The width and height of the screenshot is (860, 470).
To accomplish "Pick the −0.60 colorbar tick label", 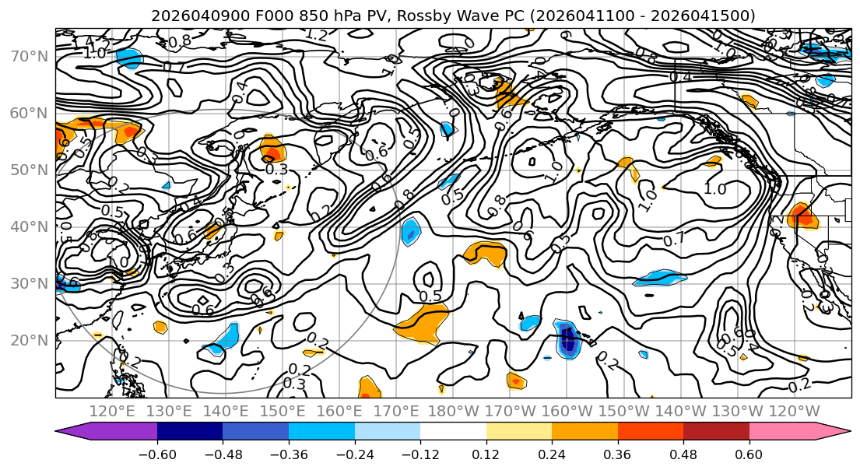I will (x=157, y=453).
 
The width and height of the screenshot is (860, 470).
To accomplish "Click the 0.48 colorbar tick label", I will (x=683, y=453).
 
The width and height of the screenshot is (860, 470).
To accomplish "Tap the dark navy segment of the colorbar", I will (x=190, y=432).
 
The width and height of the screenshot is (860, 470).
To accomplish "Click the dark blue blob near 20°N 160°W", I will (x=567, y=339).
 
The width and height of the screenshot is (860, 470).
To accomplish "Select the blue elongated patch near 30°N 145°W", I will (x=659, y=278).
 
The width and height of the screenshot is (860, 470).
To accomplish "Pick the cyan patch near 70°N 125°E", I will (x=129, y=58).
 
